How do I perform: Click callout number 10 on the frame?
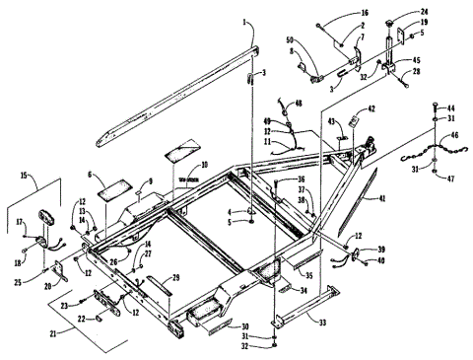pos(204,166)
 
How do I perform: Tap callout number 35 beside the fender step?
pos(307,276)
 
